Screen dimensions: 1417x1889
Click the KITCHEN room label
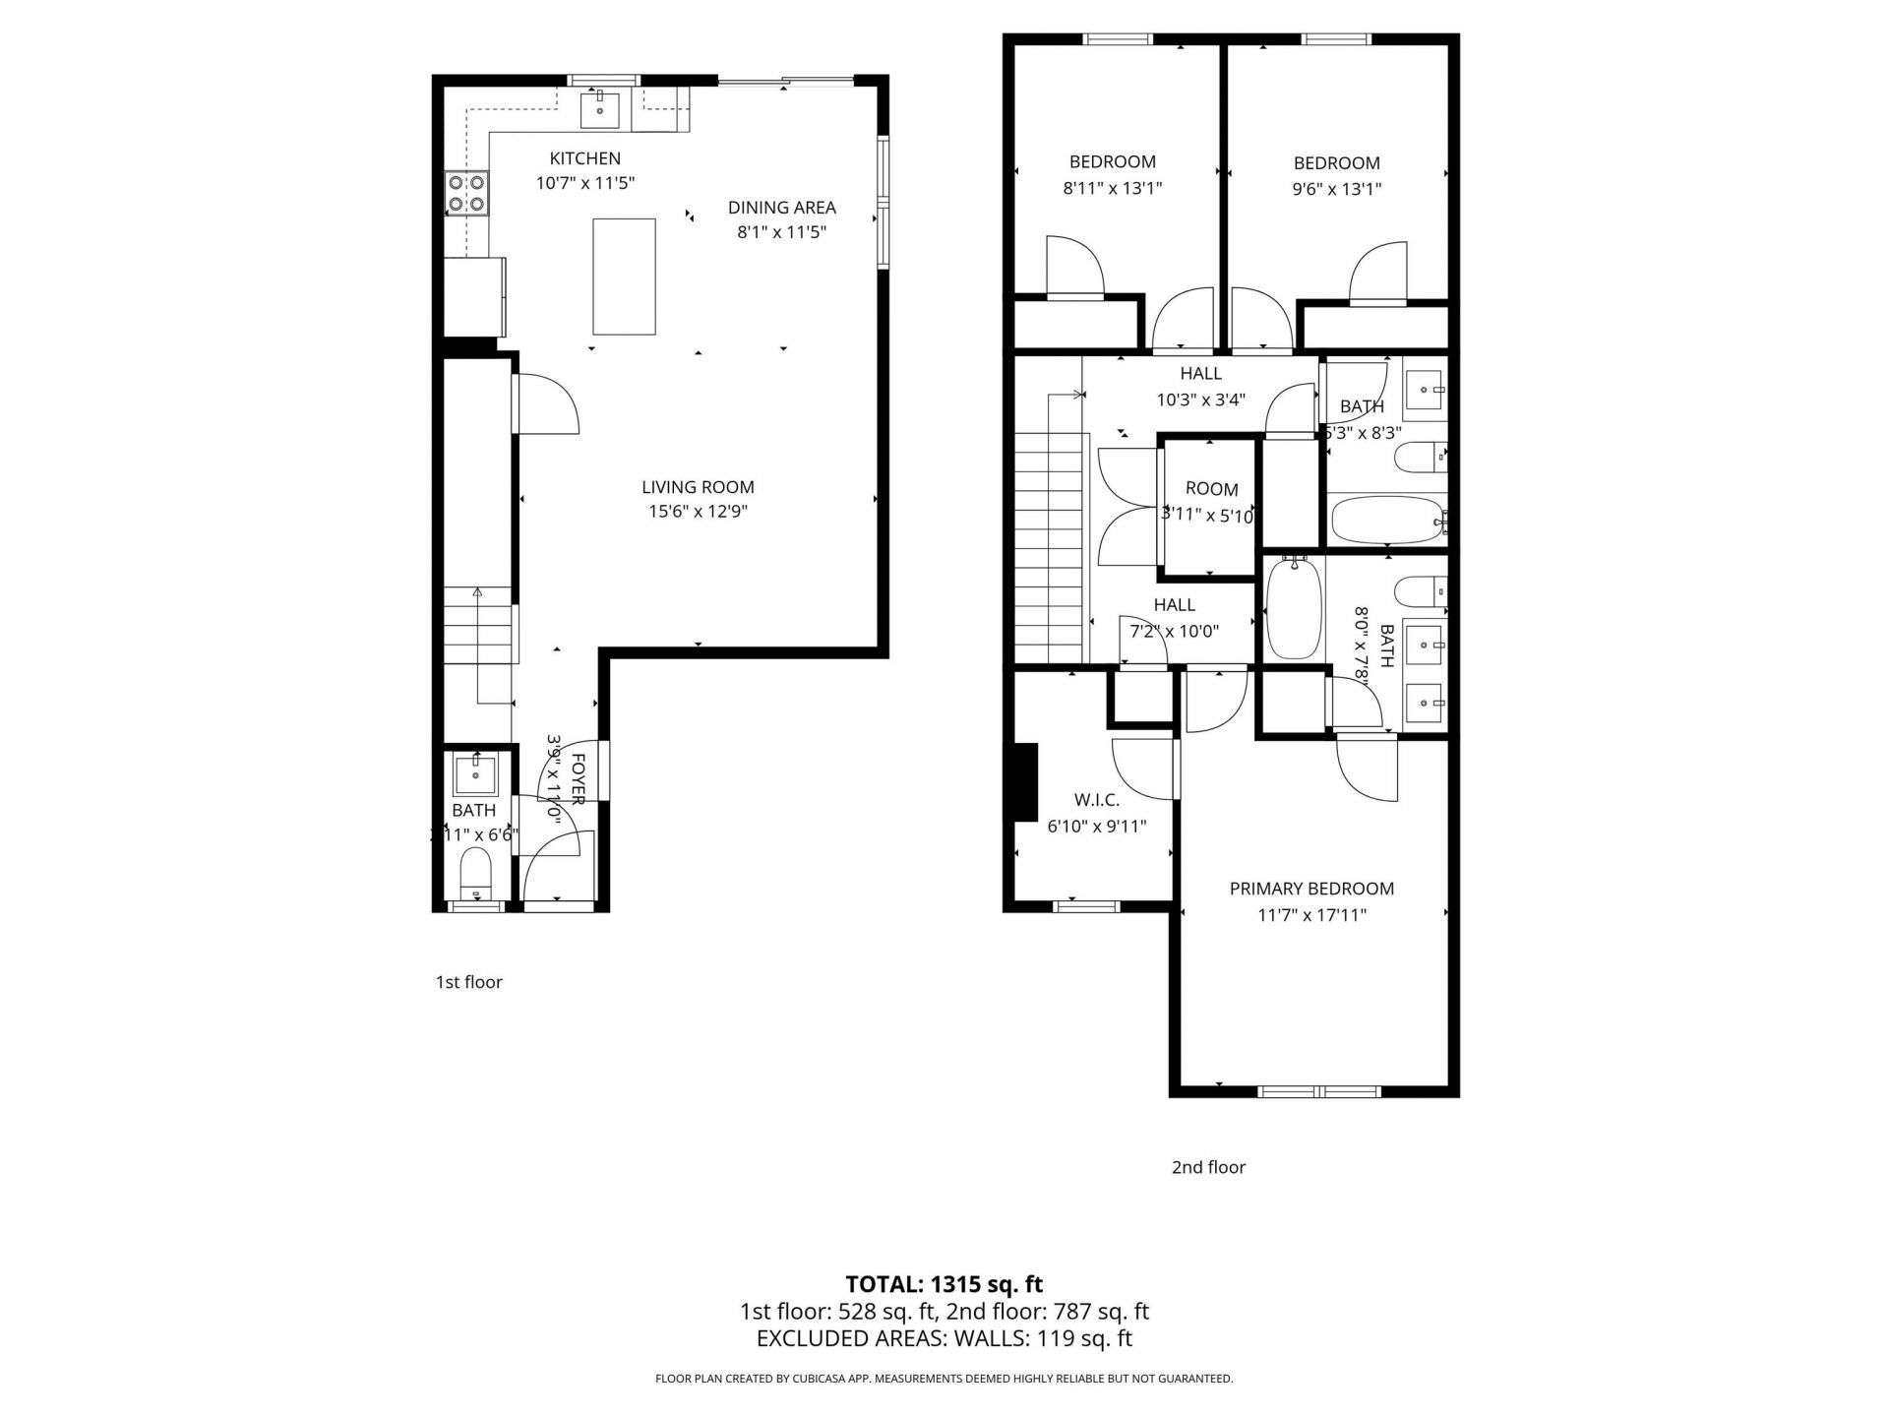click(x=584, y=158)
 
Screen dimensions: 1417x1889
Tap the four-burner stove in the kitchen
click(x=466, y=193)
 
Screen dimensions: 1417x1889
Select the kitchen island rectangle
click(x=624, y=277)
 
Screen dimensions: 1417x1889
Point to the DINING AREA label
click(x=781, y=208)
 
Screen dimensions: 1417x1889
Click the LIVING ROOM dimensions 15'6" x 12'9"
click(x=698, y=512)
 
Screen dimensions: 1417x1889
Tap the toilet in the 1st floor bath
click(x=476, y=873)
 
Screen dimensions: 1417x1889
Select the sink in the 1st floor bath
click(x=477, y=774)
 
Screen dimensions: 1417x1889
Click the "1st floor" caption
click(x=468, y=982)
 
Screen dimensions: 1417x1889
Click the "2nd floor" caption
click(x=1208, y=1167)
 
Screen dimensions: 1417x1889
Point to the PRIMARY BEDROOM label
click(x=1311, y=889)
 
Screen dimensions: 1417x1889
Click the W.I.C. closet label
click(x=1096, y=801)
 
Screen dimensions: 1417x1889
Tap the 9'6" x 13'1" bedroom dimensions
click(x=1336, y=189)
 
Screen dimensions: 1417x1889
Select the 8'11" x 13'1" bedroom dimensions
click(x=1113, y=188)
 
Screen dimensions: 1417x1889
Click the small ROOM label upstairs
click(x=1211, y=489)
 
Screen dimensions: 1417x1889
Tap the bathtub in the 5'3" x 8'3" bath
click(x=1385, y=520)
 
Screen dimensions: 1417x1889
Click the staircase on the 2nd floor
click(x=1049, y=551)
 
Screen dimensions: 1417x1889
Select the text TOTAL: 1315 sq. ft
click(x=944, y=1284)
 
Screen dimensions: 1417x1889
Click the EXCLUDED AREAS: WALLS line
click(x=944, y=1338)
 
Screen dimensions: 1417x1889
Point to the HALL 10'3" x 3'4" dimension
click(x=1200, y=400)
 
